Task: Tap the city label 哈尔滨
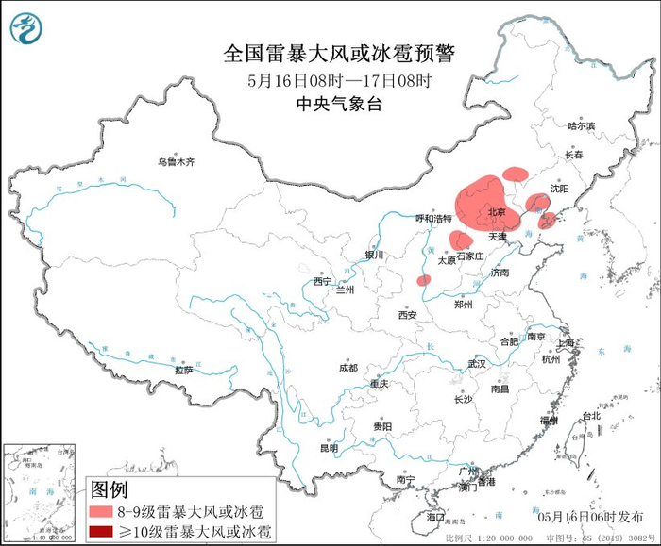(x=582, y=125)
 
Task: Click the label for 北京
(x=496, y=212)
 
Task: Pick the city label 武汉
(x=476, y=363)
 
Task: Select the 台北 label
(x=590, y=416)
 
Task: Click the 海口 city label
(x=434, y=518)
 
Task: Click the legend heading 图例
(x=109, y=488)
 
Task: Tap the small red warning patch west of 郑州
(x=424, y=280)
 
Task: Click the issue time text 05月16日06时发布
(x=587, y=517)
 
